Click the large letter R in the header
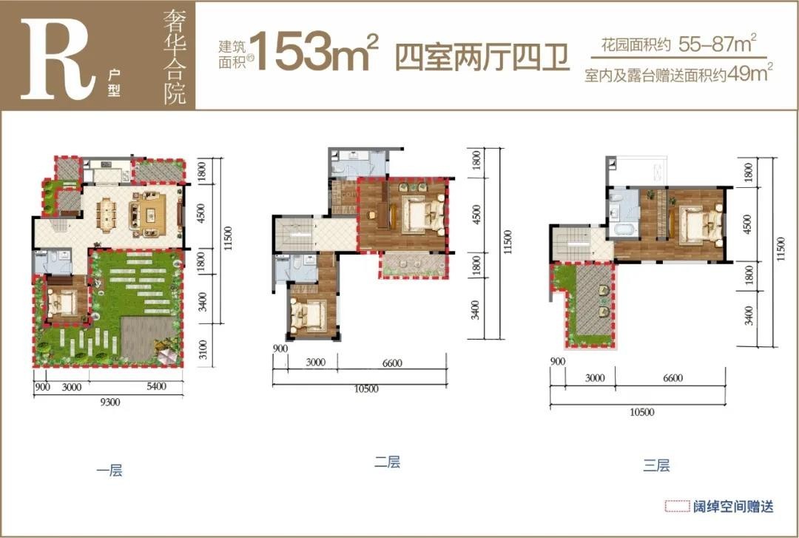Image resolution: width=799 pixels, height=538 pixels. [x=57, y=60]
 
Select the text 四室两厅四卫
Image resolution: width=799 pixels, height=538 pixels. [x=482, y=58]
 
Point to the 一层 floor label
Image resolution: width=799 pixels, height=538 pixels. [x=109, y=470]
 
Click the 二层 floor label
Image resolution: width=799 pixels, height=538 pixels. [x=387, y=462]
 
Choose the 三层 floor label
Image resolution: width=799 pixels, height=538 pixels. [x=656, y=465]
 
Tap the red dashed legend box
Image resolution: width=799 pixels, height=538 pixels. [x=677, y=506]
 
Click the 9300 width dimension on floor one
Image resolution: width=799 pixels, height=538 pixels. [x=109, y=403]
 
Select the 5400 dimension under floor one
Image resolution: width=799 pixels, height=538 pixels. [x=156, y=386]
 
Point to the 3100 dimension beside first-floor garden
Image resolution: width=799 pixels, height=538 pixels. [x=203, y=349]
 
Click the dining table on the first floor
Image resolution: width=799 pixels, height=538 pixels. [x=107, y=215]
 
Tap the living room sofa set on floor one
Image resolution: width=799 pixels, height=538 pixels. [x=148, y=214]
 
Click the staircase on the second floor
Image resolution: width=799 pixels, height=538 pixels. [x=294, y=234]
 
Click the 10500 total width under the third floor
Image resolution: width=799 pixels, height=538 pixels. [x=641, y=412]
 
